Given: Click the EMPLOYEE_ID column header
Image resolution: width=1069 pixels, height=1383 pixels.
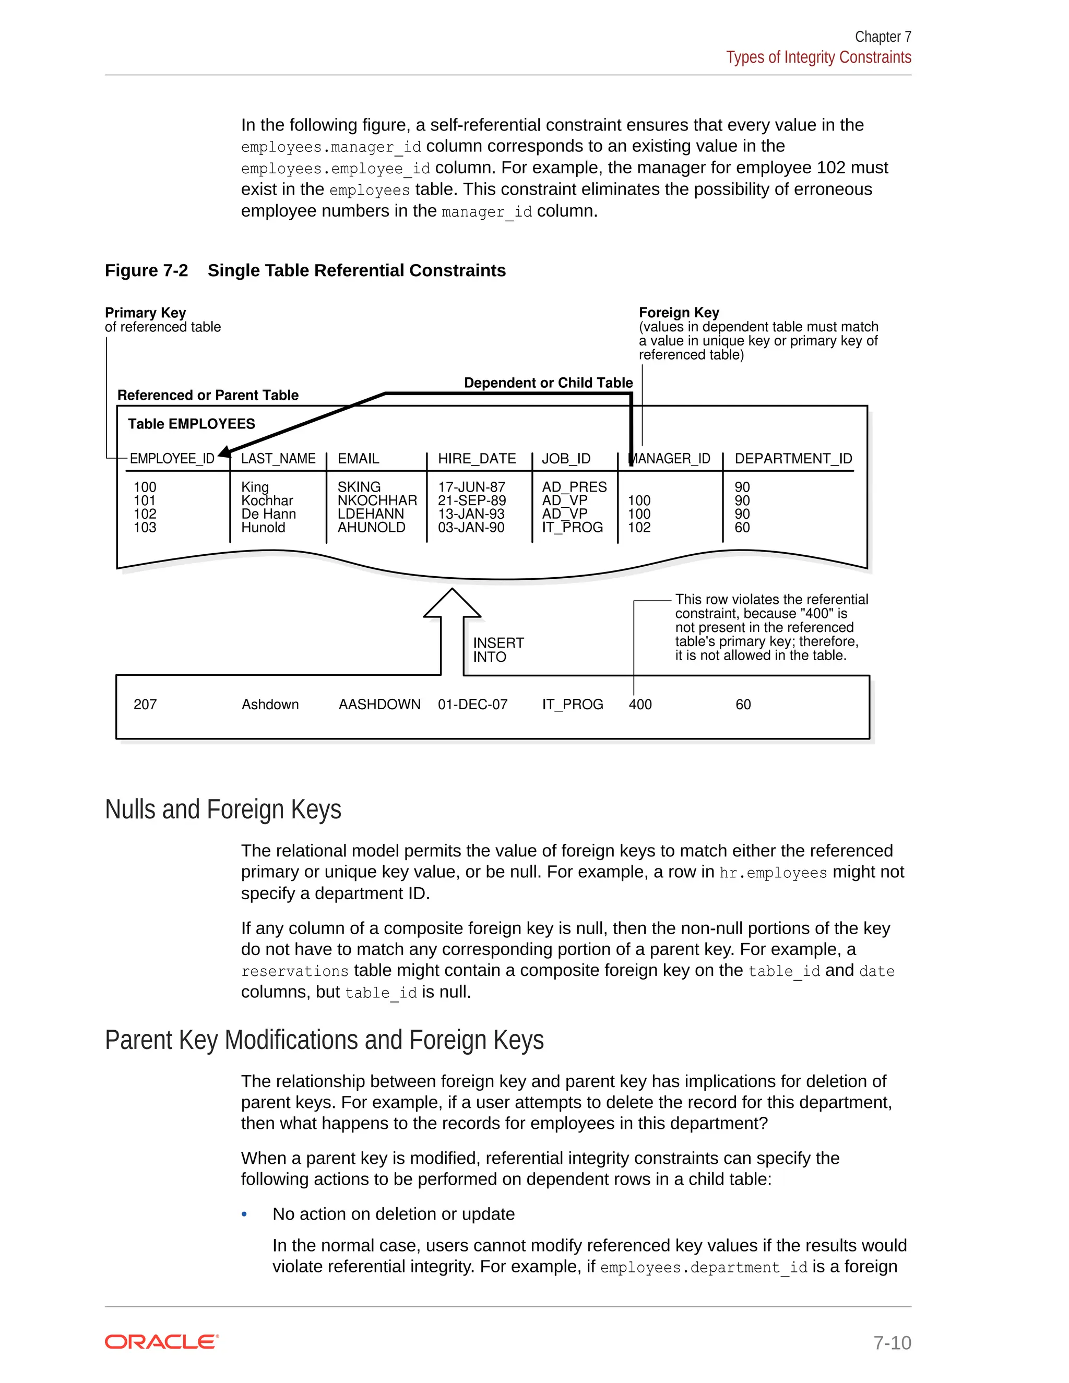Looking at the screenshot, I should coord(172,458).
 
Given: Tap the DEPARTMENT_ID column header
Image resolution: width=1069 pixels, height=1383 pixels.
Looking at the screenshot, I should coord(793,458).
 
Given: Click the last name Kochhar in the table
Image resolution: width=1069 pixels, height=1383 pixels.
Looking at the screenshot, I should coord(267,500).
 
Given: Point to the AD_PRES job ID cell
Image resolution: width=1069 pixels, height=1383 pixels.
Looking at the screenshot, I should coord(574,487).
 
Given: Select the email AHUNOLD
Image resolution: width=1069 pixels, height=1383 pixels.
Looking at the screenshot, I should coord(371,527).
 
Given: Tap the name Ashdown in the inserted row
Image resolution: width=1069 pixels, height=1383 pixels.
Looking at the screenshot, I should coord(270,704).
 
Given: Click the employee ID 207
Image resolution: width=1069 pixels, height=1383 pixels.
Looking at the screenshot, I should coord(145,704).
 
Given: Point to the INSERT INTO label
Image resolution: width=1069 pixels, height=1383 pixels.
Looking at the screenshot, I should coord(498,650).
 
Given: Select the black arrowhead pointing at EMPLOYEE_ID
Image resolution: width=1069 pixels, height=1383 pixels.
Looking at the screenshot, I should coord(224,451).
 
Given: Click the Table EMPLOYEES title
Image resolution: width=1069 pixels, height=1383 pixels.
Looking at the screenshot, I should coord(191,424).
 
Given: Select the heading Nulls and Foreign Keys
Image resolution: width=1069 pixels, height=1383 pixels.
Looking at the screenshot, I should coord(223,809).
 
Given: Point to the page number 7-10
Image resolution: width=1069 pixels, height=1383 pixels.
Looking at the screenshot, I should coord(892,1342).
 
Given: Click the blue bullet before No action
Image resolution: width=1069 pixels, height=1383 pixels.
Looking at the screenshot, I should coord(244,1214).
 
